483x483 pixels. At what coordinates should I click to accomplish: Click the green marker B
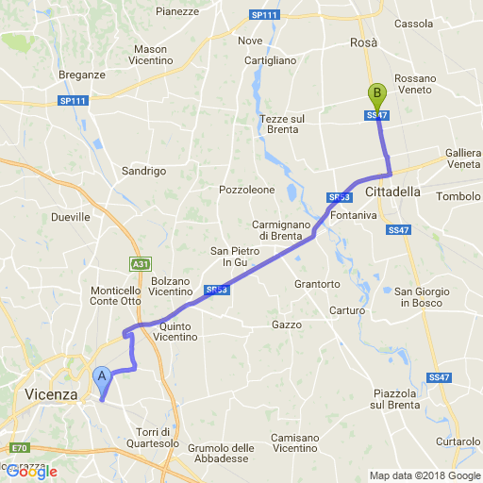click(x=377, y=95)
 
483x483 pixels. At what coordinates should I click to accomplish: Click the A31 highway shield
click(x=140, y=263)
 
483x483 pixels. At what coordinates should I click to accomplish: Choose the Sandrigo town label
click(x=143, y=171)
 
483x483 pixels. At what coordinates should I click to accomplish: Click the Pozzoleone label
click(x=247, y=189)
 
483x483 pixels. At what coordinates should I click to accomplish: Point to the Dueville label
click(x=71, y=216)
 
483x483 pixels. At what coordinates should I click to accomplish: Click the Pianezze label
click(x=177, y=11)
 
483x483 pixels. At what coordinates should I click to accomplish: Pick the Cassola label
click(x=413, y=23)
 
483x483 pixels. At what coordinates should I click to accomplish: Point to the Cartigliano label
click(x=271, y=59)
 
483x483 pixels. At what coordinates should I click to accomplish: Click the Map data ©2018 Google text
click(x=424, y=475)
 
